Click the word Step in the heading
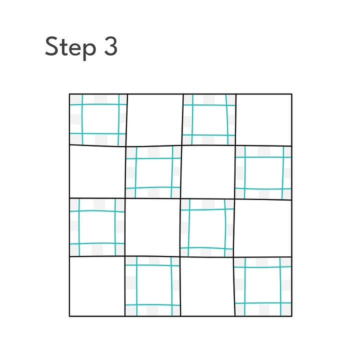coord(70,48)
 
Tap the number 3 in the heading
coord(111,46)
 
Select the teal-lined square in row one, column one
coord(98,120)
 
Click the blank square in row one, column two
coord(154,120)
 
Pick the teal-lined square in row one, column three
coord(209,119)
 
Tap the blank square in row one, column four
coord(264,119)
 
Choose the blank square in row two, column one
coord(97,171)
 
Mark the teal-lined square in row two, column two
coord(153,172)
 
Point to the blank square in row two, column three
coord(208,172)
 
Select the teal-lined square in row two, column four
coord(263,172)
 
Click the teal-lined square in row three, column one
coord(97,227)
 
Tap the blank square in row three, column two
coord(152,227)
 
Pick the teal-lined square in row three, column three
coord(207,228)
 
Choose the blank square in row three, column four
coord(263,228)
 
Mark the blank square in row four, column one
coord(97,286)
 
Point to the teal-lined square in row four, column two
coord(152,286)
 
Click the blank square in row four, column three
coord(207,287)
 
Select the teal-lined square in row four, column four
coord(263,287)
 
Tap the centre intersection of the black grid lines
coord(180,199)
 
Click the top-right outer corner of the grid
coord(292,94)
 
